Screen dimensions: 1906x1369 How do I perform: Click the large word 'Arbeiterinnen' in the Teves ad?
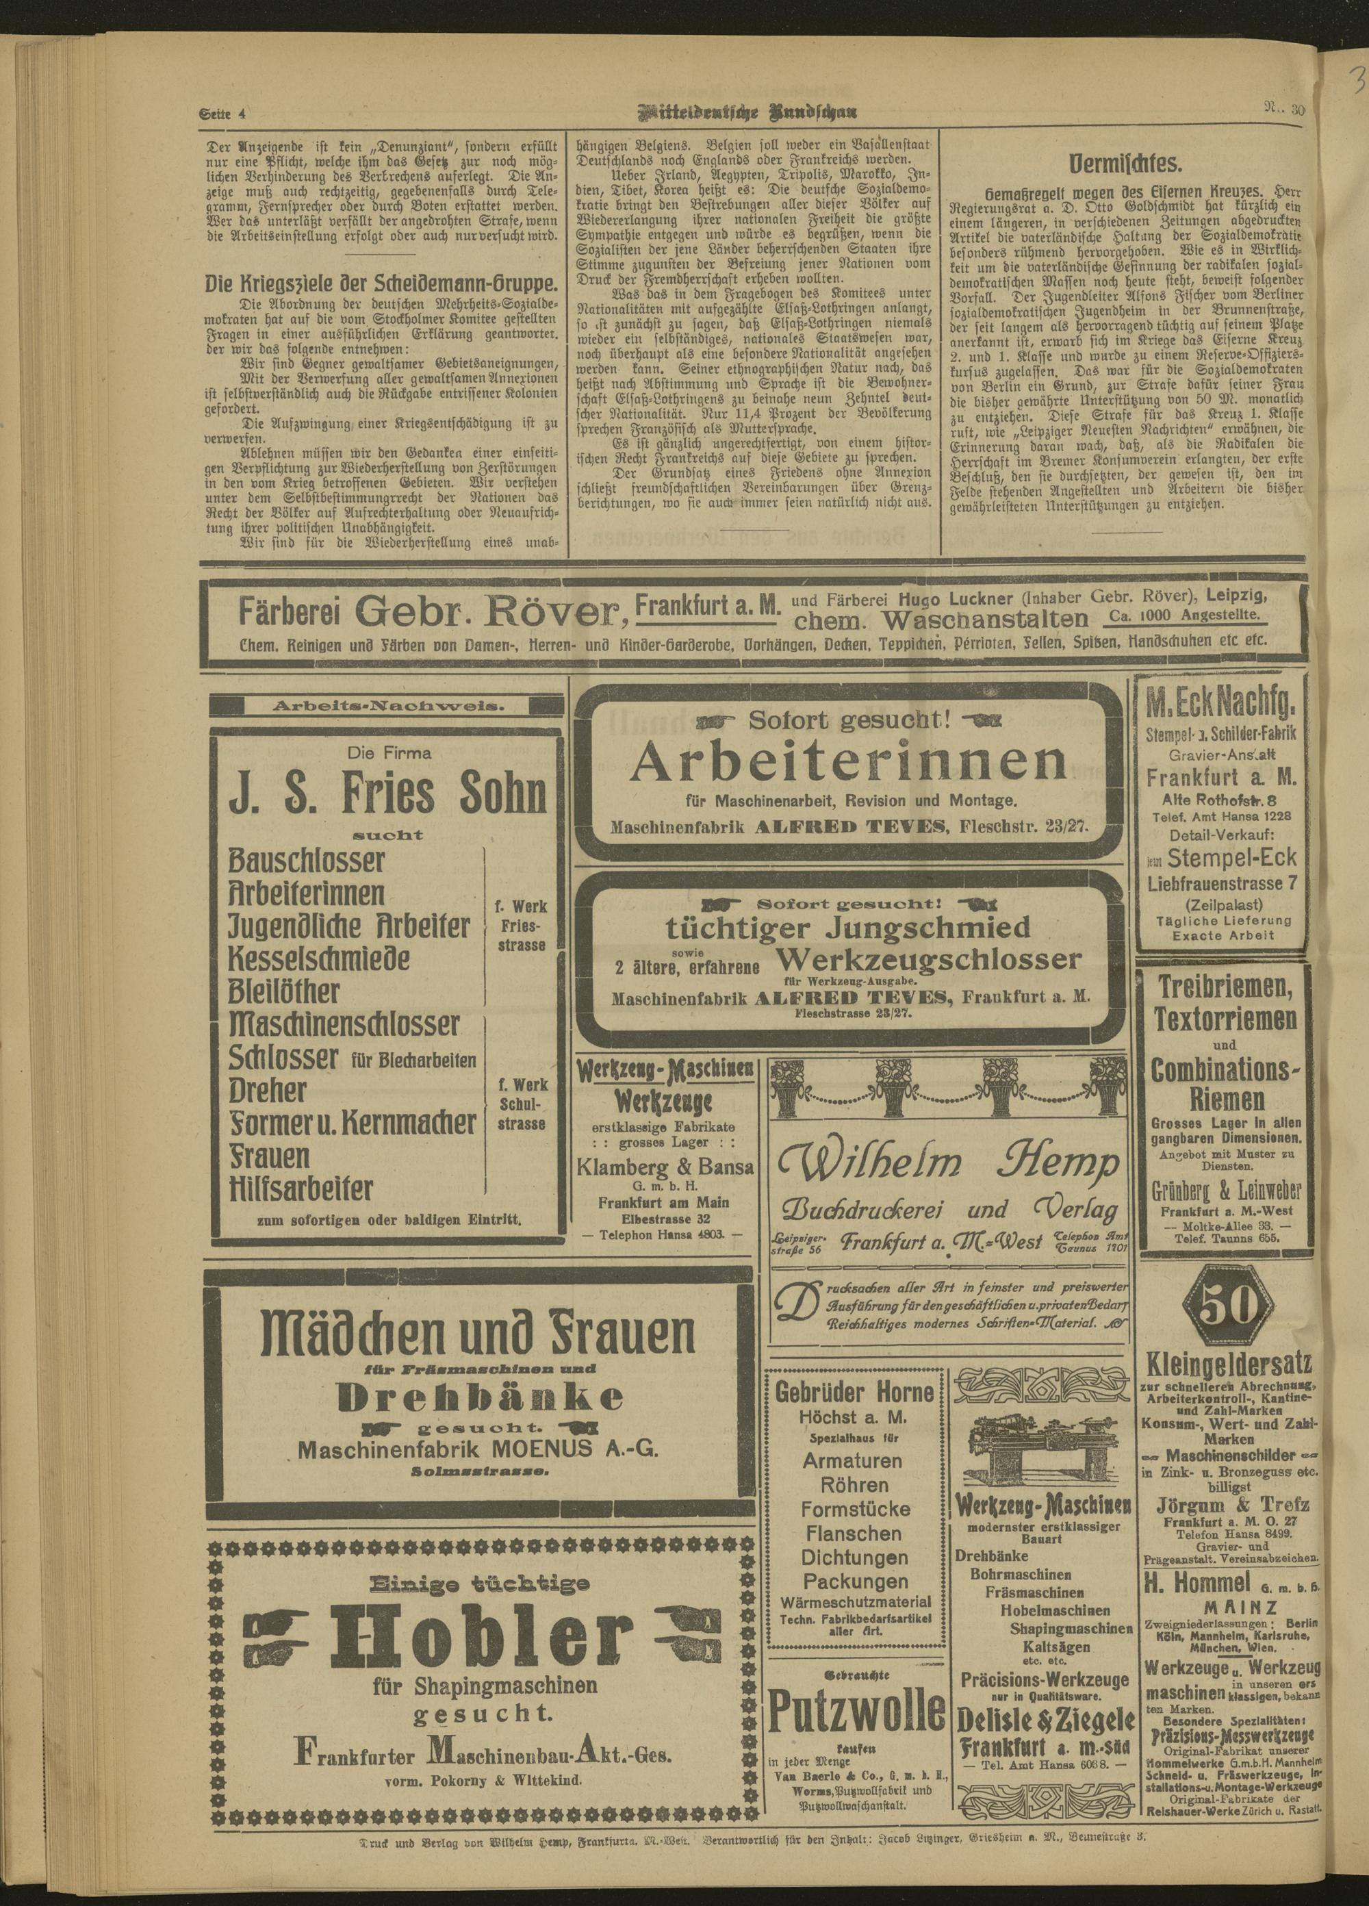click(849, 761)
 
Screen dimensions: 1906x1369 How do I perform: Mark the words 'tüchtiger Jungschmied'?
click(848, 928)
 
